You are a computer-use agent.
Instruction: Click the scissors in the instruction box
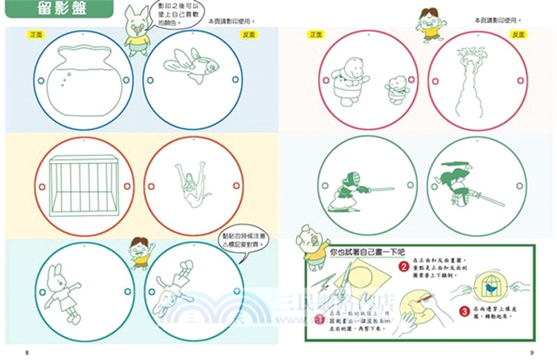pos(324,285)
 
